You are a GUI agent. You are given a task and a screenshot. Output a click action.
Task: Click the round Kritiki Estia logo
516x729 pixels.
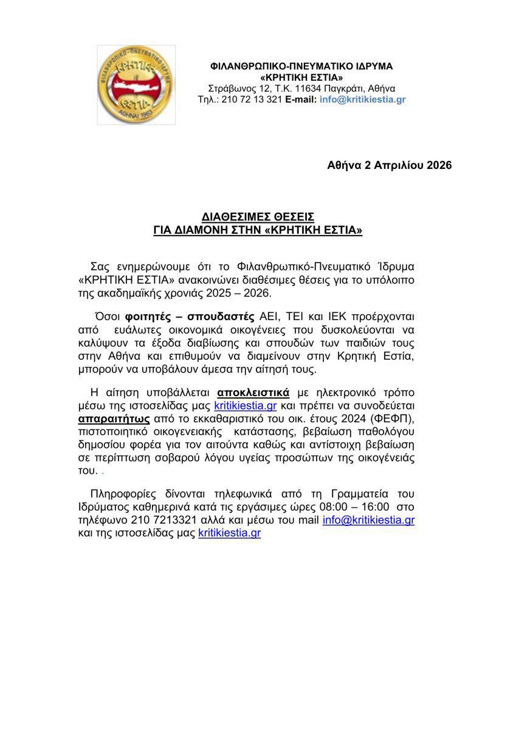[136, 85]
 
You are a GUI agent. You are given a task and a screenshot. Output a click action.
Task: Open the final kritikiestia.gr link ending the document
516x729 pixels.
[230, 534]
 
